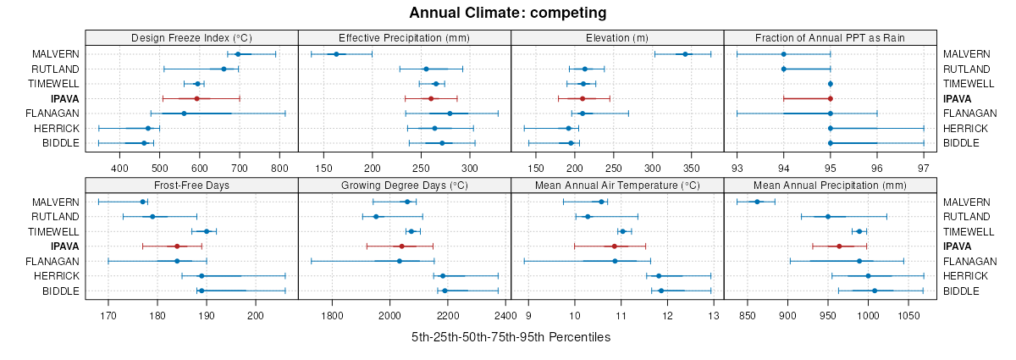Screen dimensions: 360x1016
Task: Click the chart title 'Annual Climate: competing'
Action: click(x=507, y=13)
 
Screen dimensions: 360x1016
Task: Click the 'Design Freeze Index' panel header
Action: click(x=191, y=37)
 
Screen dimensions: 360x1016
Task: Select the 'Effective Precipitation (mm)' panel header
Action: click(x=404, y=37)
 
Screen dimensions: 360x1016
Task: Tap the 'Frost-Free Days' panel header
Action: click(x=191, y=185)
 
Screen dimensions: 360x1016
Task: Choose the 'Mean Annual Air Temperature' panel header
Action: click(x=617, y=185)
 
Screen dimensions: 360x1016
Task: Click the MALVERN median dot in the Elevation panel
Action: click(x=685, y=54)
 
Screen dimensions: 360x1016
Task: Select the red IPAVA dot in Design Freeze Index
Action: click(x=196, y=98)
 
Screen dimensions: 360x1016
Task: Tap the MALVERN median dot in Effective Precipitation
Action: click(x=336, y=54)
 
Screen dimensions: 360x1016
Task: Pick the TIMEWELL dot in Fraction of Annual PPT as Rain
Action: click(x=831, y=84)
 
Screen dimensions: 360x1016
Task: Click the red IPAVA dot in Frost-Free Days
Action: click(x=177, y=246)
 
